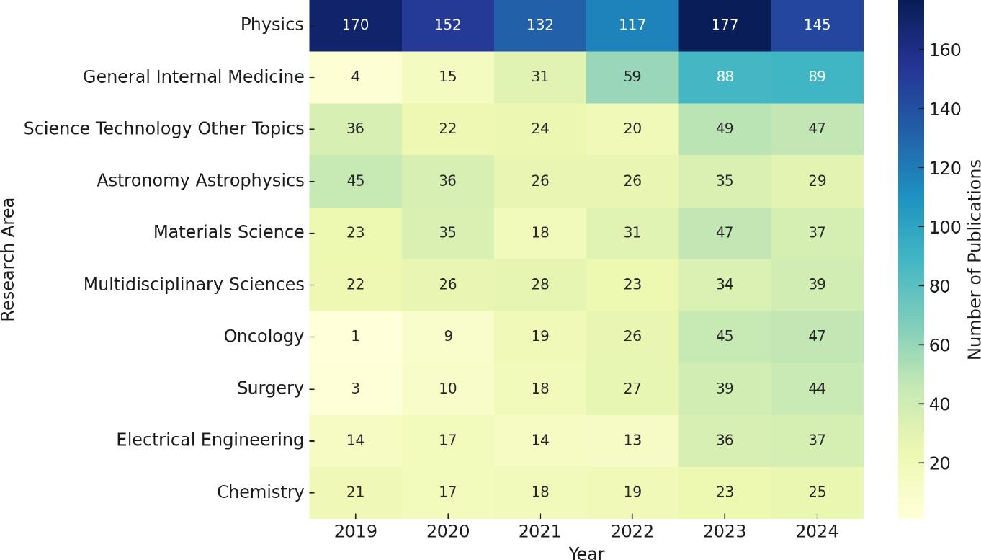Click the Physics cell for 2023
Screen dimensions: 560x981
coord(725,25)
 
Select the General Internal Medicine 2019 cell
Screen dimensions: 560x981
coord(355,76)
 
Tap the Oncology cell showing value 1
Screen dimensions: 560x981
coord(355,336)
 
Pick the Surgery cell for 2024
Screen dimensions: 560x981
coord(817,388)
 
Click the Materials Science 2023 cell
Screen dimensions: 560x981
coord(725,232)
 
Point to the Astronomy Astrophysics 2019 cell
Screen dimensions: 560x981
coord(355,180)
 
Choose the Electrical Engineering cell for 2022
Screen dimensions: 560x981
coord(632,440)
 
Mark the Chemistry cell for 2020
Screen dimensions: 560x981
coord(447,492)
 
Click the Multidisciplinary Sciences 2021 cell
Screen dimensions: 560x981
coord(539,284)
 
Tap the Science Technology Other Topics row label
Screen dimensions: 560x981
coord(163,128)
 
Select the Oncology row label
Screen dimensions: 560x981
coord(264,336)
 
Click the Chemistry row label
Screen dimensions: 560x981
coord(260,492)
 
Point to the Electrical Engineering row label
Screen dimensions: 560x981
coord(210,440)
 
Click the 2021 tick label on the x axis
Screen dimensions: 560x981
coord(539,531)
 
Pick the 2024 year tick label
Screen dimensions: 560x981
coord(817,531)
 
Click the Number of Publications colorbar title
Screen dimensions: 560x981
coord(974,259)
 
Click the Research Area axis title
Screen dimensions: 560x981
coord(8,259)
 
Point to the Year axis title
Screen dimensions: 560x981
coord(586,553)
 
